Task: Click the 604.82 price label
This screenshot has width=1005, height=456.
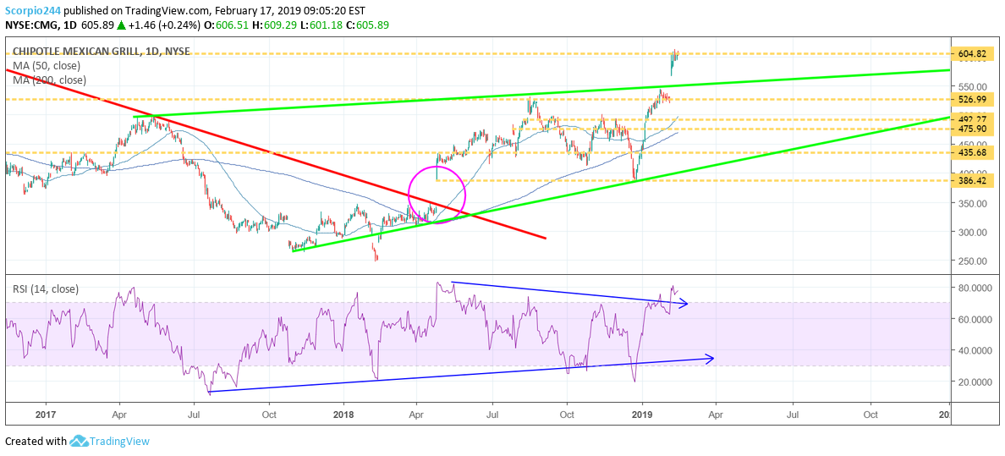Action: [x=972, y=54]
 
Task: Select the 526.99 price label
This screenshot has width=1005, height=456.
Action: [x=972, y=99]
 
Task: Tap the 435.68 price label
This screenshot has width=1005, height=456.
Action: [x=972, y=153]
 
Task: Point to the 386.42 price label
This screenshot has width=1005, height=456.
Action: [x=972, y=181]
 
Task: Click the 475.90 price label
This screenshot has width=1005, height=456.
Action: [x=972, y=129]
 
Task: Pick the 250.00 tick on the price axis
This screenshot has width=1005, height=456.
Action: [x=970, y=261]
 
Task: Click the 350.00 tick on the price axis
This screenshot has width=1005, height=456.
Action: [x=970, y=204]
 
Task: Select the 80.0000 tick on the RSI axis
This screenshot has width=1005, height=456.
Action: [x=973, y=288]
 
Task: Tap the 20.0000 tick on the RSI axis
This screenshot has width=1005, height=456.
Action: [x=973, y=382]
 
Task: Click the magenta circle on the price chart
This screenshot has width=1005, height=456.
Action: [x=437, y=195]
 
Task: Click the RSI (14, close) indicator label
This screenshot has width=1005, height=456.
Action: [x=46, y=289]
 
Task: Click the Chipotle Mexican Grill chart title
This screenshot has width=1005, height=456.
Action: [x=101, y=52]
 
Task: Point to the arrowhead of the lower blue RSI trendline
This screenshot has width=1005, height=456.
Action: [x=710, y=358]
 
